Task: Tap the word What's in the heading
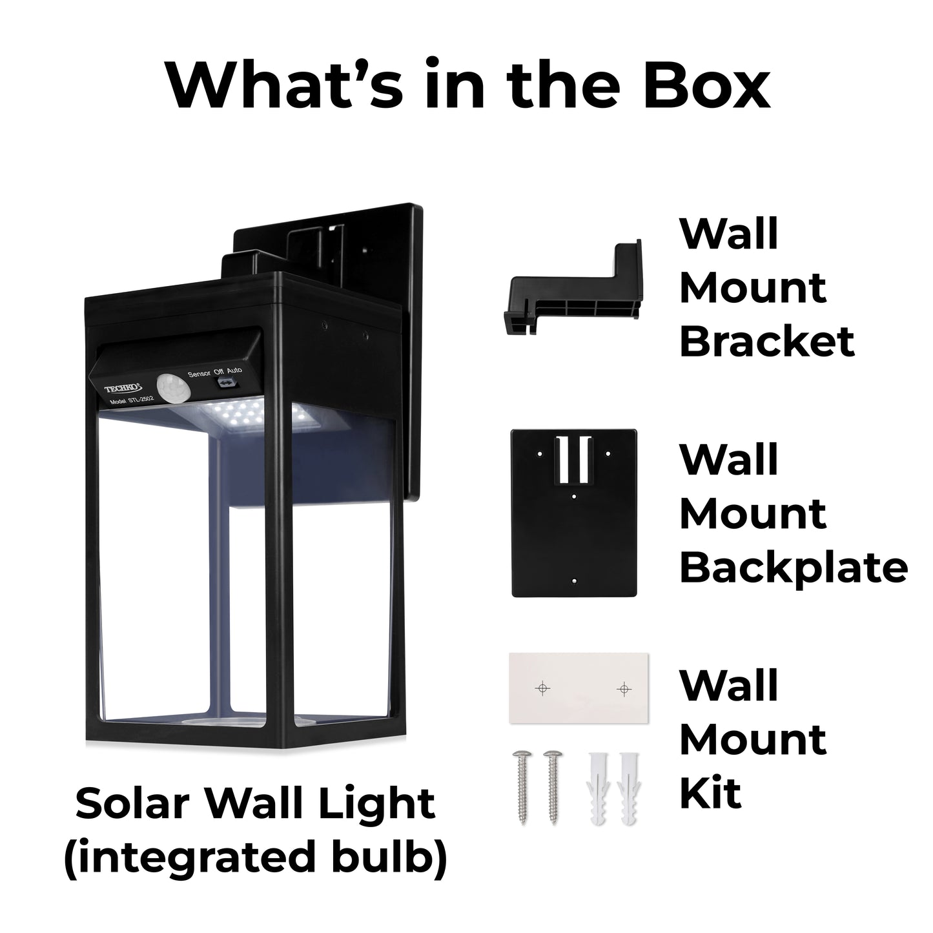pos(285,86)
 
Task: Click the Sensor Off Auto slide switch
pos(227,384)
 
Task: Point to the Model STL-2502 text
pos(132,402)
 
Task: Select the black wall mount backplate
pos(574,513)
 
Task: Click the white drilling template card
pos(579,688)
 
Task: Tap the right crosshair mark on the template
pos(624,690)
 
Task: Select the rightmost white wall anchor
pos(628,788)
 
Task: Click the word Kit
pos(710,794)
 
